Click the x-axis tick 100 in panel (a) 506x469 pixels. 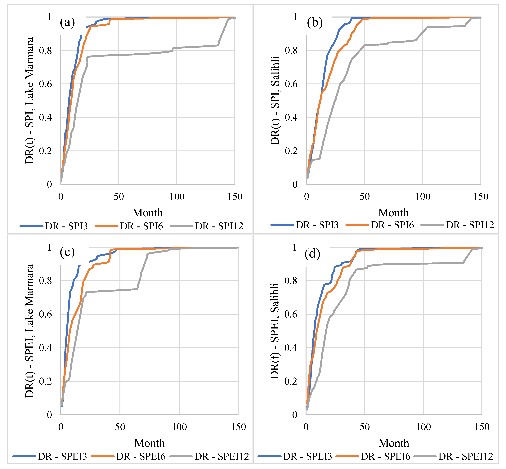click(x=177, y=197)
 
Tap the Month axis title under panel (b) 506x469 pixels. click(x=394, y=213)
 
